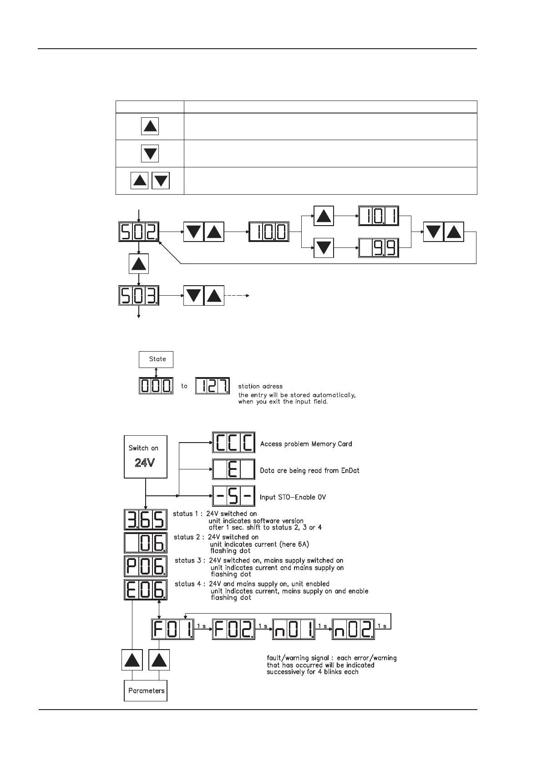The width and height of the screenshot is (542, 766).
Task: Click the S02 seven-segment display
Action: [139, 232]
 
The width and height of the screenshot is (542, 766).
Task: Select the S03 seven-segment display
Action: [139, 296]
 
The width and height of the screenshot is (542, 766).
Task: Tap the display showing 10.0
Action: [268, 232]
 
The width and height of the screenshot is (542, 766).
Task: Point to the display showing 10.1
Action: [379, 216]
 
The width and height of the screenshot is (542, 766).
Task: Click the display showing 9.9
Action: [379, 248]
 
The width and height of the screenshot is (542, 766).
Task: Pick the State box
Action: [156, 359]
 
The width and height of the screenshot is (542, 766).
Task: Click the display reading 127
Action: [213, 386]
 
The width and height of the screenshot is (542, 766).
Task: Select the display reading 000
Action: [156, 386]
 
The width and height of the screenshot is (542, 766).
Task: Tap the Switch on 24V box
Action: [145, 457]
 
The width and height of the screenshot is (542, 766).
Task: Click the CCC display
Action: [233, 443]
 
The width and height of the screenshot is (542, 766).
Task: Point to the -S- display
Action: [233, 497]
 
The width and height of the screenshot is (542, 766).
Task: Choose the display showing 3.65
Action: [145, 519]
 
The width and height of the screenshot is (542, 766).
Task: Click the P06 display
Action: [145, 567]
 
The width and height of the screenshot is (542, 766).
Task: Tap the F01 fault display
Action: [172, 629]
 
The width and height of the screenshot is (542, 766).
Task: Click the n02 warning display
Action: [353, 629]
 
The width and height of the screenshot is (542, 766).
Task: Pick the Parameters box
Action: [146, 690]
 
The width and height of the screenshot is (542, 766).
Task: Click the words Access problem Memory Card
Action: [306, 444]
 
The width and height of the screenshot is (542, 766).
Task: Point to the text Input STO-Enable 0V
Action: [293, 497]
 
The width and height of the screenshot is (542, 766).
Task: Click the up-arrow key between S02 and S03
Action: [139, 264]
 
